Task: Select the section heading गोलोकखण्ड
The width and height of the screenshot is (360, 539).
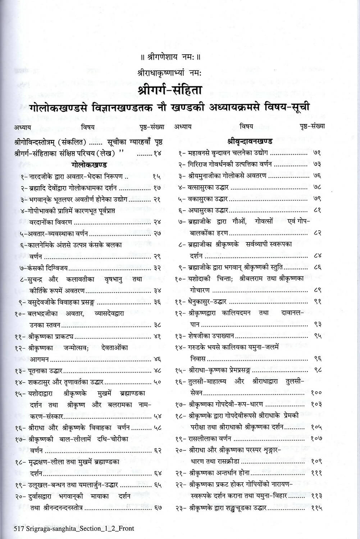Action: coord(89,165)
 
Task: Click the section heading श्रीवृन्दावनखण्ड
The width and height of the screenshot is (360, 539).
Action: coord(250,141)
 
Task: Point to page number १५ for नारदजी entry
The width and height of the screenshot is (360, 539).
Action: coord(157,176)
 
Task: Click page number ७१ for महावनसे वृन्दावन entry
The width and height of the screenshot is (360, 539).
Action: coord(317,153)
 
